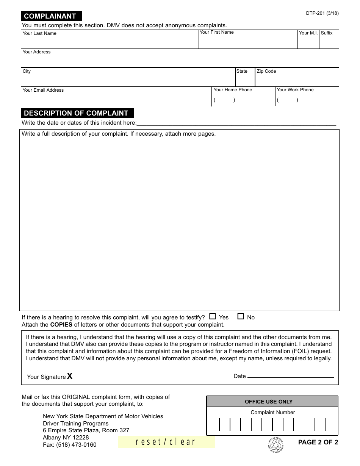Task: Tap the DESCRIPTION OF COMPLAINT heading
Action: click(x=76, y=113)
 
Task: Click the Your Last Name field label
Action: click(x=39, y=33)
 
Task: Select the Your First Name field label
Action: click(x=217, y=32)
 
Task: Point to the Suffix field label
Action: click(x=327, y=33)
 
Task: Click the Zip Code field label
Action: click(x=266, y=71)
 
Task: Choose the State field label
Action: click(x=242, y=71)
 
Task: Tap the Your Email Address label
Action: click(x=43, y=90)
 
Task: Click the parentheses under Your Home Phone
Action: click(x=224, y=100)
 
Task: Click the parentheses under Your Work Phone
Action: click(x=287, y=100)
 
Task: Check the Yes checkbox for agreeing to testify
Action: click(x=213, y=316)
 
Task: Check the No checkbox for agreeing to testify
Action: click(x=241, y=316)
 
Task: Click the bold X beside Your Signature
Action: click(x=70, y=376)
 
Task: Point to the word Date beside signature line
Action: click(x=239, y=376)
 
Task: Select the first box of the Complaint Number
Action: click(x=214, y=425)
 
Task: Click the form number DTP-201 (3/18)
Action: click(x=322, y=13)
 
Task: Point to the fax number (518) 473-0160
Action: click(x=70, y=445)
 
